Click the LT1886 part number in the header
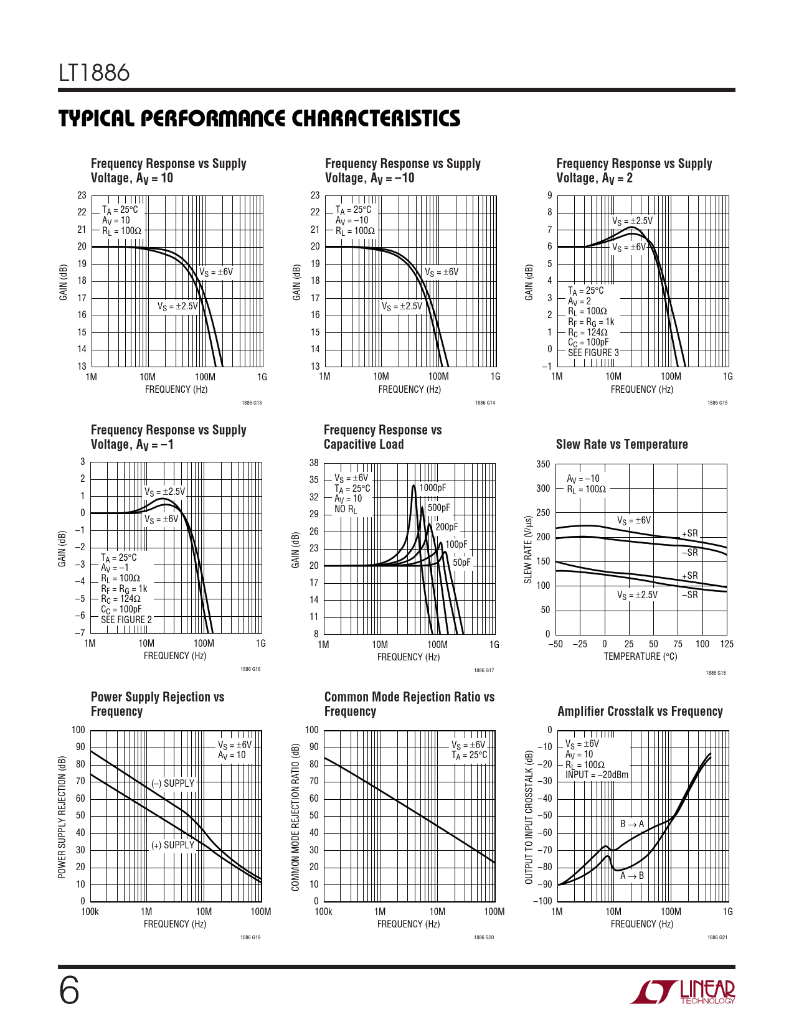click(94, 73)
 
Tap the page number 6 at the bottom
click(69, 991)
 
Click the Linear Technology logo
click(683, 992)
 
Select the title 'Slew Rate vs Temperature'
click(621, 444)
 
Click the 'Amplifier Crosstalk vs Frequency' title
click(640, 711)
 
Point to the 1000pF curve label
click(432, 488)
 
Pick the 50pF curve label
click(461, 563)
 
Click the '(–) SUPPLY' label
click(173, 783)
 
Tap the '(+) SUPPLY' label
click(173, 845)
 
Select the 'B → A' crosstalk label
click(632, 824)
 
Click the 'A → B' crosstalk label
click(632, 876)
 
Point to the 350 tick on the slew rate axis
click(543, 464)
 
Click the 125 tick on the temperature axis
click(727, 644)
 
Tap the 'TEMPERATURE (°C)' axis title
click(640, 657)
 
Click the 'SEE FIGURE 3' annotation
click(593, 353)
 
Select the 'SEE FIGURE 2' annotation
click(126, 620)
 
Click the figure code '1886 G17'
click(484, 670)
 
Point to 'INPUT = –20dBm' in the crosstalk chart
click(597, 775)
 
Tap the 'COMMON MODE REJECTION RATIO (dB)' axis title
click(296, 816)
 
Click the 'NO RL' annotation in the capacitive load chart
click(346, 509)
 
